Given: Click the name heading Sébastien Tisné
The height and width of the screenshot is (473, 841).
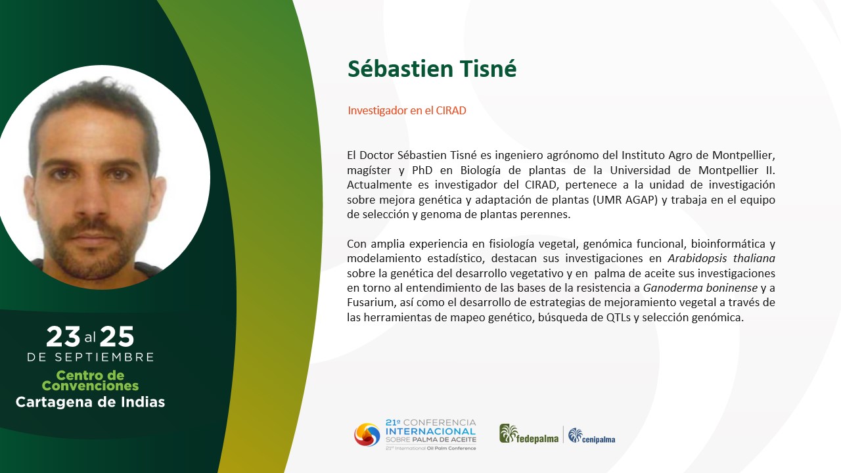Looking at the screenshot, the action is (x=432, y=69).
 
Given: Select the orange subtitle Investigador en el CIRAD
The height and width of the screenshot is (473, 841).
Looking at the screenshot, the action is (x=407, y=110).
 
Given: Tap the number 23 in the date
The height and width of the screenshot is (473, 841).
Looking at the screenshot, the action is (x=63, y=336).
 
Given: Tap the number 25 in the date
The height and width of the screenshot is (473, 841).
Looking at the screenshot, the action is (x=117, y=336).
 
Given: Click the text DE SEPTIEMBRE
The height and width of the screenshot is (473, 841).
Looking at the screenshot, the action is (x=91, y=357).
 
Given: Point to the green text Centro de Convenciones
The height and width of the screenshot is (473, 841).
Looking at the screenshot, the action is (x=90, y=380).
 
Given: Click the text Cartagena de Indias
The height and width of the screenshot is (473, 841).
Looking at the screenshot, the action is (x=90, y=402).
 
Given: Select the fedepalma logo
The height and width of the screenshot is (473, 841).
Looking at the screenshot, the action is (x=529, y=434).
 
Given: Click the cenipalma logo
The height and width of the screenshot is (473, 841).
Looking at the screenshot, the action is (x=592, y=436).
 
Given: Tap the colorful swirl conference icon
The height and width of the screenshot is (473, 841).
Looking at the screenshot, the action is (x=367, y=435).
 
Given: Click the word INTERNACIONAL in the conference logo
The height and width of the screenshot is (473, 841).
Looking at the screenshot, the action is (x=430, y=432).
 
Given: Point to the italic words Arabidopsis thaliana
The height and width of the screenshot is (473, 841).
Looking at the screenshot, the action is (x=721, y=258).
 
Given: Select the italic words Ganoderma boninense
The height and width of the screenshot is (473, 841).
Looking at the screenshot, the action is (x=700, y=288).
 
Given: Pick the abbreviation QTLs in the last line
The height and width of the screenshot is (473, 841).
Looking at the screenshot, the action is (x=618, y=317).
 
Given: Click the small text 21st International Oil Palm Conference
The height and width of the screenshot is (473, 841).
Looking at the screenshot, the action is (x=430, y=448).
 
